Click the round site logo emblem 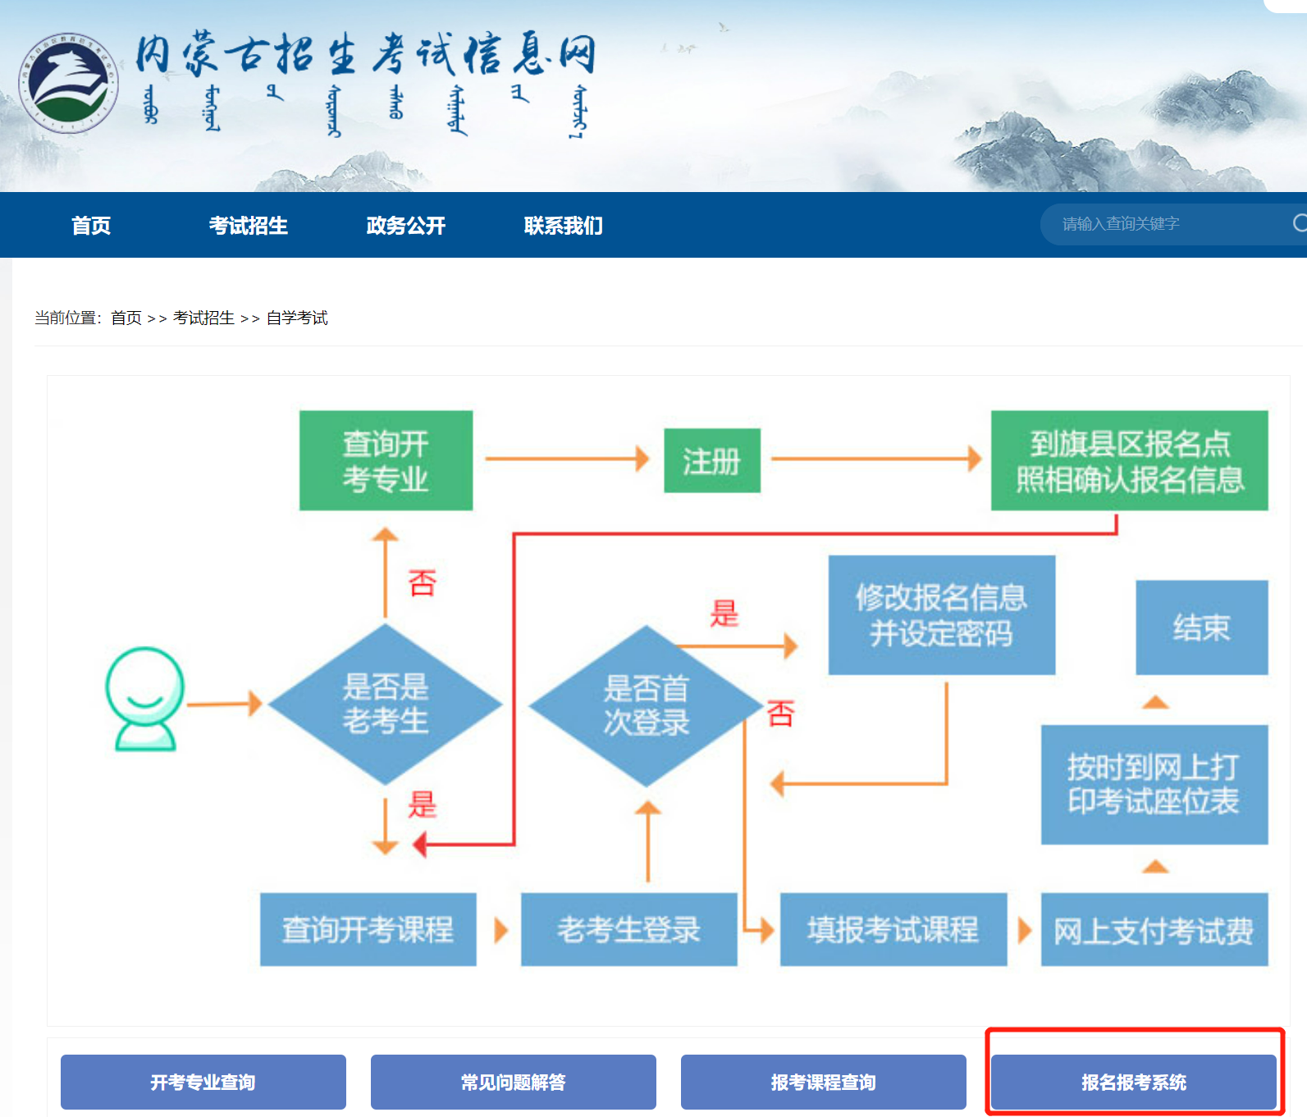[x=69, y=82]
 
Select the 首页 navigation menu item [x=90, y=226]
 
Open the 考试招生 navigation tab [x=248, y=226]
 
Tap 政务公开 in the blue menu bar [x=405, y=226]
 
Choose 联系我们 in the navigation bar [x=563, y=226]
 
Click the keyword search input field [x=1165, y=224]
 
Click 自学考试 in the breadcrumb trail [x=297, y=318]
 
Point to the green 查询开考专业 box [x=386, y=460]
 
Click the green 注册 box [x=711, y=460]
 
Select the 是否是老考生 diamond [x=385, y=704]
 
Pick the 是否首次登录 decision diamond [x=646, y=706]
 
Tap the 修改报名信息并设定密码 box [x=941, y=615]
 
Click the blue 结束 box [x=1201, y=628]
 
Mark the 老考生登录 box [x=628, y=929]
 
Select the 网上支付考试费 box [x=1154, y=930]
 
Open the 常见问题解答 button [x=513, y=1083]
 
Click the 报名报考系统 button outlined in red [x=1133, y=1083]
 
